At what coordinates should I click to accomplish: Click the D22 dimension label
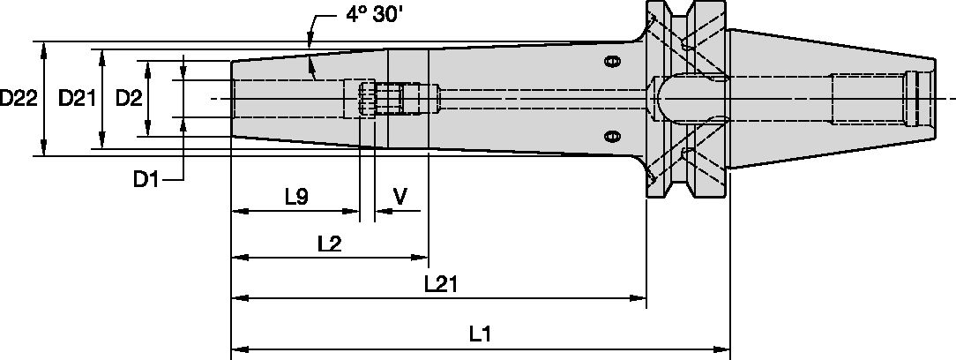click(x=19, y=99)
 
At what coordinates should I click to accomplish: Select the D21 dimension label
click(x=77, y=99)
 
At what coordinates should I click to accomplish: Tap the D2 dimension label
click(x=129, y=99)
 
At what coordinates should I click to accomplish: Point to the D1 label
click(x=146, y=180)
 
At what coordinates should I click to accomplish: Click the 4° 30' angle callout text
click(x=362, y=17)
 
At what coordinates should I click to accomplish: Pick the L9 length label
click(x=295, y=197)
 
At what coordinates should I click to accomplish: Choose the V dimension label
click(x=400, y=197)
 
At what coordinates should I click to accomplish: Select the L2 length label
click(x=329, y=244)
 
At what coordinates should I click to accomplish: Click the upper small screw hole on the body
click(x=610, y=61)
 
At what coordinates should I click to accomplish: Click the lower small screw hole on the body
click(x=610, y=136)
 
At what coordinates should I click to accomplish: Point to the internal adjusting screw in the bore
click(x=388, y=98)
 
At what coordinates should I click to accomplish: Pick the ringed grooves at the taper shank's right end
click(x=921, y=98)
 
